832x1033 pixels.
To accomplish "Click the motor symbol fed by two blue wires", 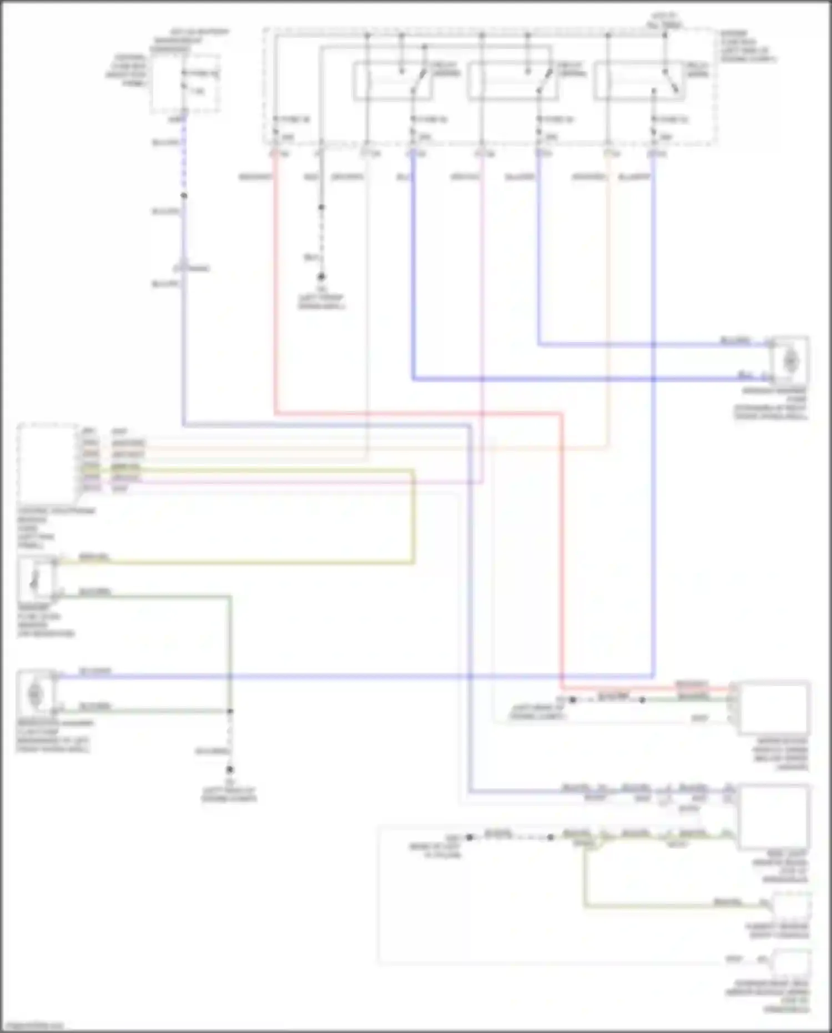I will pos(790,361).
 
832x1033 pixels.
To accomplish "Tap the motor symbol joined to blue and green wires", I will pos(36,693).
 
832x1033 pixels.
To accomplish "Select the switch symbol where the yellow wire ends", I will pos(36,578).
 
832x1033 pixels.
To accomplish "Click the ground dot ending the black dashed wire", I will pos(321,276).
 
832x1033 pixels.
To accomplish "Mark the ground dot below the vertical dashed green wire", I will pos(229,770).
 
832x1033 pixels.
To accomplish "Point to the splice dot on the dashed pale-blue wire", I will pos(184,196).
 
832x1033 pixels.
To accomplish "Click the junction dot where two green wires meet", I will pos(230,711).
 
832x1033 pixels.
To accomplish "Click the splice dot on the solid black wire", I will pos(321,208).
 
